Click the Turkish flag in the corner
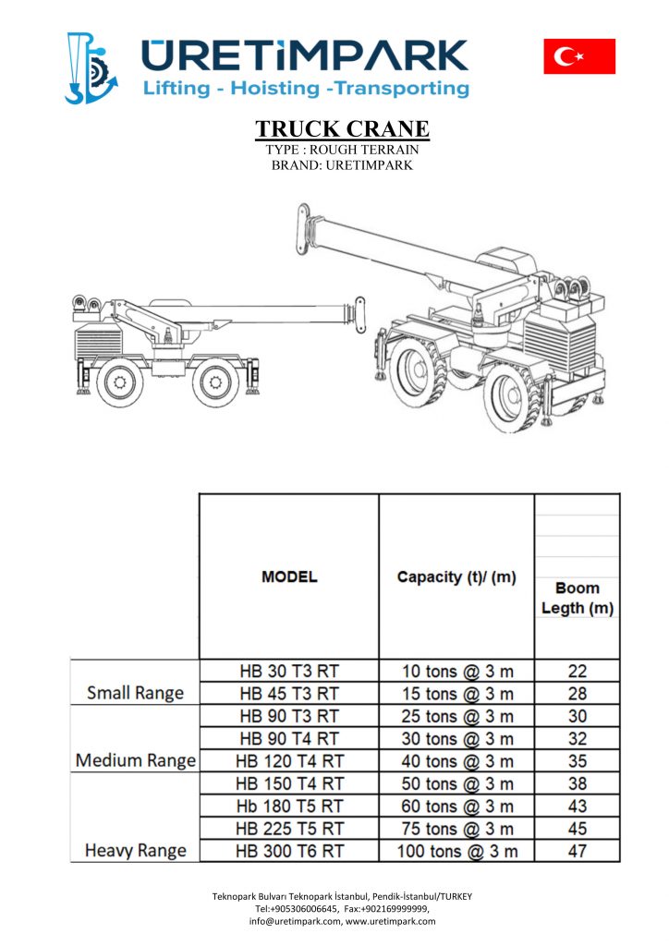coord(579,56)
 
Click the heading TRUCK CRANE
coord(342,128)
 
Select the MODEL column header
coord(289,577)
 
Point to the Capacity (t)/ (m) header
coord(456,577)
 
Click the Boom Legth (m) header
coord(578,598)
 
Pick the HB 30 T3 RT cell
coord(289,672)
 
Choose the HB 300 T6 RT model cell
coord(289,851)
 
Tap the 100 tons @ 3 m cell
coord(456,851)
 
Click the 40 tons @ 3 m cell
coord(456,761)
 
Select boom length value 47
coord(578,851)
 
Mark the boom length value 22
coord(578,672)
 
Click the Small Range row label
coord(135,693)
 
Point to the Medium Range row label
coord(135,761)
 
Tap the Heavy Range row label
coord(135,851)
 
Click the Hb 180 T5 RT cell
coord(289,807)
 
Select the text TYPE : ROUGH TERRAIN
coord(342,150)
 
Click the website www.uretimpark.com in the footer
coord(390,921)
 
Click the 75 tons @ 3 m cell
coord(456,829)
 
